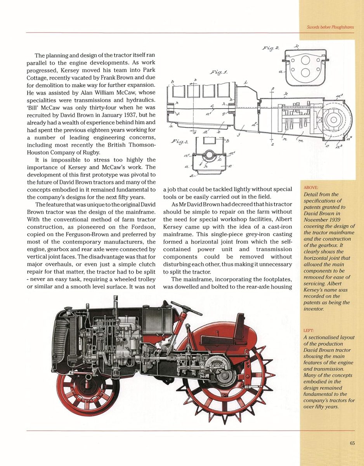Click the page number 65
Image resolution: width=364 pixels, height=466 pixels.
point(352,443)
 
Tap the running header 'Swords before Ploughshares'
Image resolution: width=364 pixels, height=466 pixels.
point(330,27)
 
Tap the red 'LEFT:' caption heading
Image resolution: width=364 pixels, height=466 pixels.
point(309,331)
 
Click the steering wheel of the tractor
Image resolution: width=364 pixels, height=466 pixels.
point(186,308)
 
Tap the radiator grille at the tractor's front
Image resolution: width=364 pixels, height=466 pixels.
point(61,338)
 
